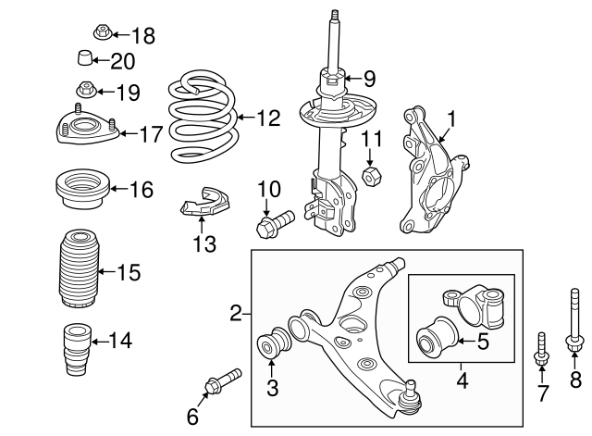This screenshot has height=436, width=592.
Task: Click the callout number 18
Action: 143,36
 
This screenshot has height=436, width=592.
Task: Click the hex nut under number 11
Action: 370,174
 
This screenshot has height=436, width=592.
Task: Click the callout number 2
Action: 235,315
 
